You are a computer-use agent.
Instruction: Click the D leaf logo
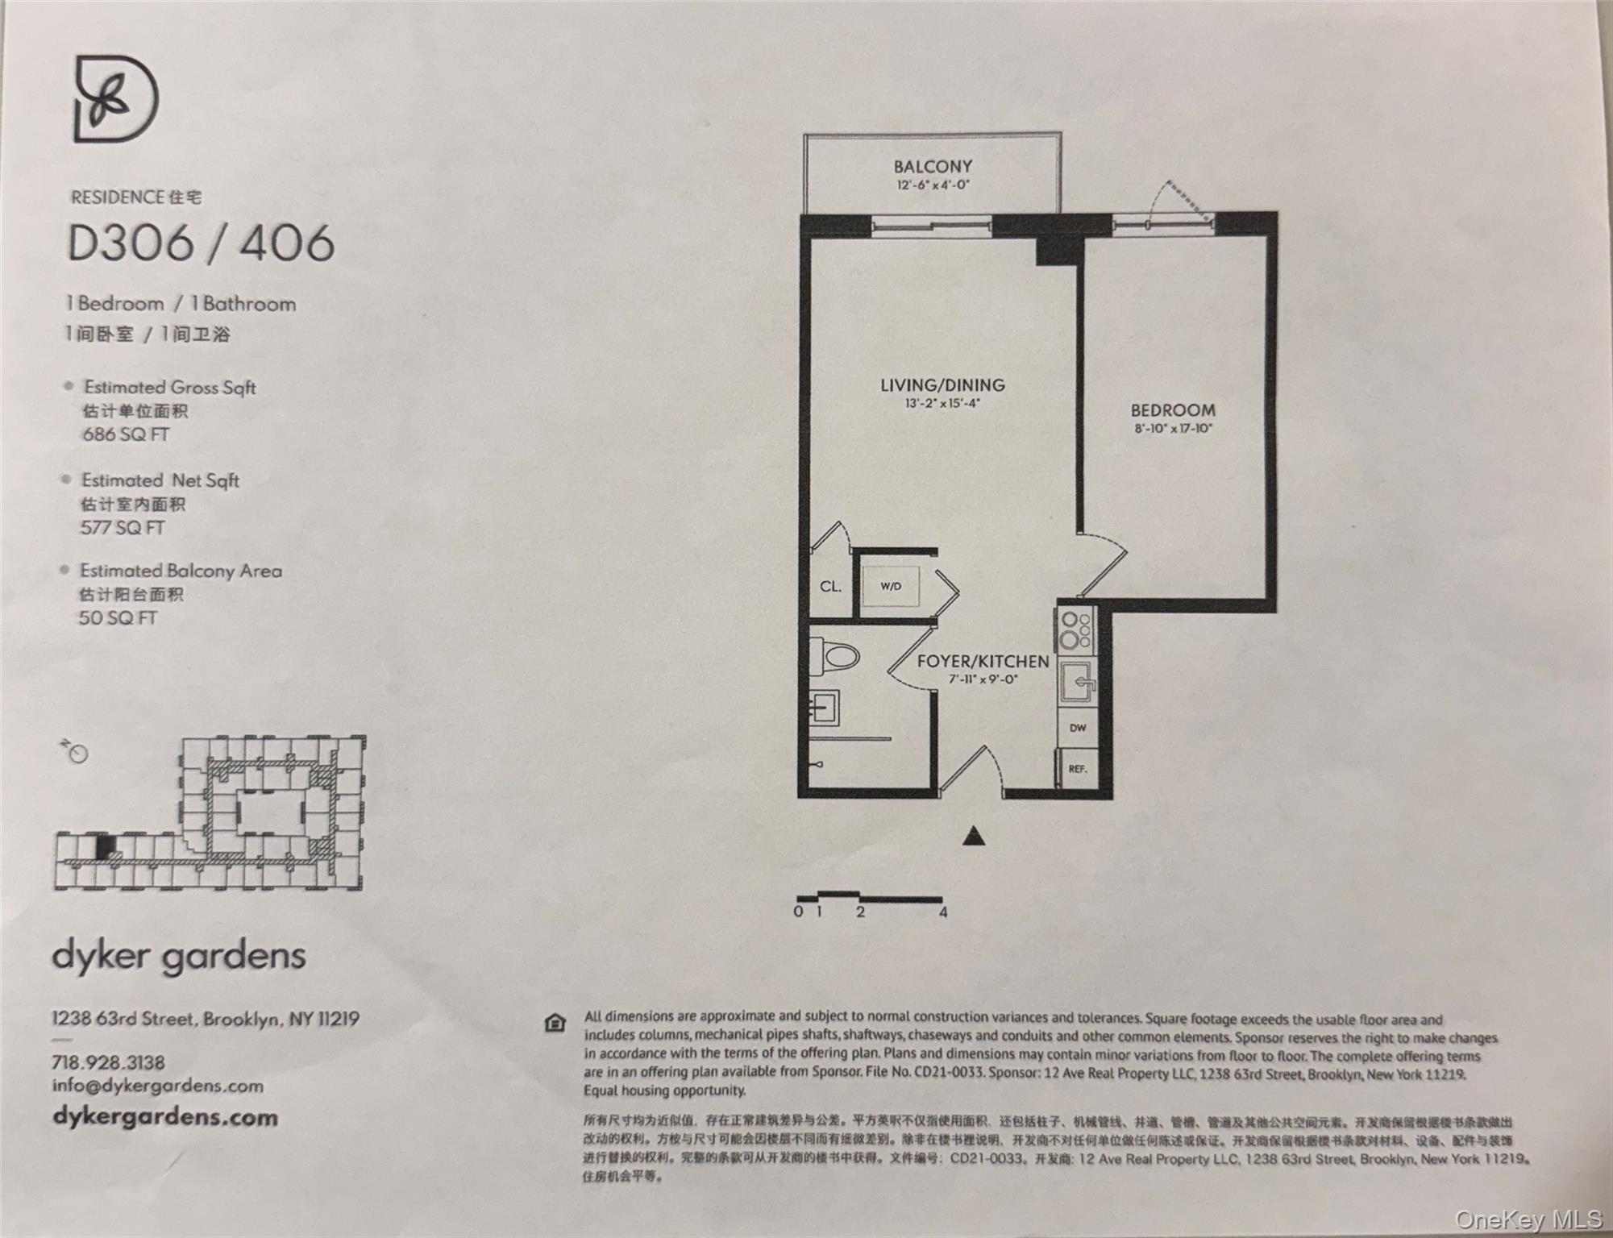(x=116, y=99)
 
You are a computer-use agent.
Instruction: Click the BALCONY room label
(x=933, y=167)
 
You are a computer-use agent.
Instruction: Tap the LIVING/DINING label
(x=942, y=385)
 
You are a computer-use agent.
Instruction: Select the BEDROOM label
(x=1173, y=410)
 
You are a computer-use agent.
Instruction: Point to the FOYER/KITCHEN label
(x=983, y=662)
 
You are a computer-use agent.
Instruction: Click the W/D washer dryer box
(x=891, y=587)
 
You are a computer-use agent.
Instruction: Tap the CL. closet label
(x=830, y=587)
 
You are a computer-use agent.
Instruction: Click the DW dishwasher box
(x=1078, y=728)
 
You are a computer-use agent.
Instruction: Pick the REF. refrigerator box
(x=1078, y=769)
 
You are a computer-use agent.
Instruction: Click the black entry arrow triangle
(x=975, y=837)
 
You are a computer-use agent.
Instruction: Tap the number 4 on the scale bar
(x=943, y=912)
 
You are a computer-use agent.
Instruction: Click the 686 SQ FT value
(x=125, y=434)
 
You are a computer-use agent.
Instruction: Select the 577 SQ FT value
(x=123, y=528)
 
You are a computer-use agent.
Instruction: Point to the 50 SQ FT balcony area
(x=118, y=618)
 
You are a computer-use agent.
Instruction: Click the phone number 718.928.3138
(x=108, y=1062)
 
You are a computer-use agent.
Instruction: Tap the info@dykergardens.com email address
(x=158, y=1086)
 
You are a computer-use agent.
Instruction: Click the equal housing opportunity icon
(x=555, y=1024)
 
